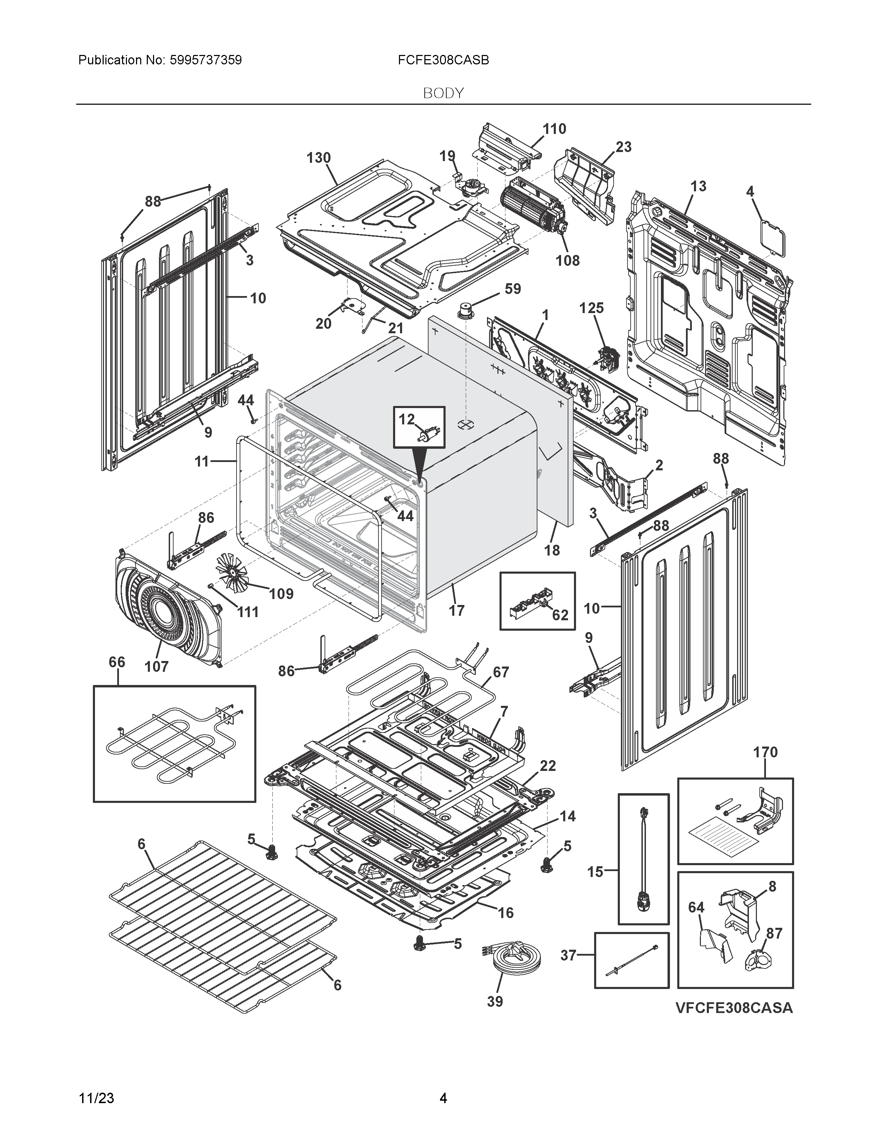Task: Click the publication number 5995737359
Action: coord(206,60)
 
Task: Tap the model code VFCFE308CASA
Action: coord(734,1008)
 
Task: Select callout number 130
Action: coord(318,158)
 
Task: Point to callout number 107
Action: coord(157,667)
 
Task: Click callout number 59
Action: coord(512,289)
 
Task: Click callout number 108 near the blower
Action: coord(568,260)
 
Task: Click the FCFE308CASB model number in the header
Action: coord(443,60)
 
